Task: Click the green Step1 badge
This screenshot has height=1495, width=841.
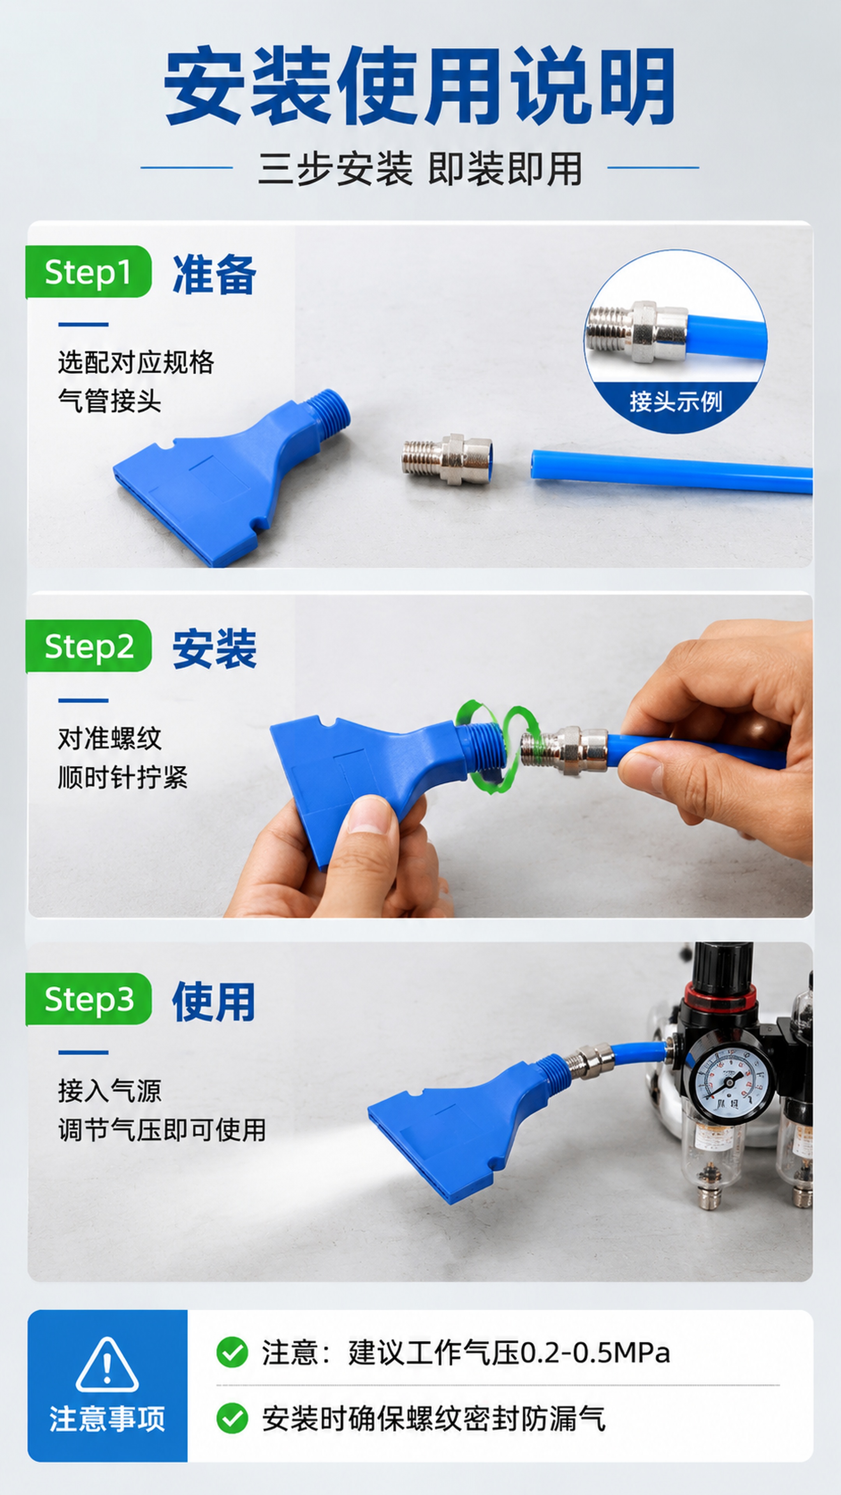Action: (88, 272)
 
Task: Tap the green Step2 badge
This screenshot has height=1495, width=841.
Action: (88, 646)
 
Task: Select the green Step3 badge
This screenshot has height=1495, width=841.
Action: (88, 999)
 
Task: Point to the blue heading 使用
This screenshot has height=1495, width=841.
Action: (214, 1002)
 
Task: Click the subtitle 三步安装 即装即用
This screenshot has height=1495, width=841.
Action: (420, 169)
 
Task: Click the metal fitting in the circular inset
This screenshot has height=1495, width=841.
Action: (637, 332)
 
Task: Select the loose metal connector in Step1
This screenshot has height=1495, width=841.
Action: (447, 459)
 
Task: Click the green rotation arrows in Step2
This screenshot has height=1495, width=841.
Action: (498, 746)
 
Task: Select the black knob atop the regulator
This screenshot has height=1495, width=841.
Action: (723, 966)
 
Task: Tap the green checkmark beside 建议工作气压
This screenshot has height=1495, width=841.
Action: (232, 1352)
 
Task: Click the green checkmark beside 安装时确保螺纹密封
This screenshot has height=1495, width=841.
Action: (232, 1418)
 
